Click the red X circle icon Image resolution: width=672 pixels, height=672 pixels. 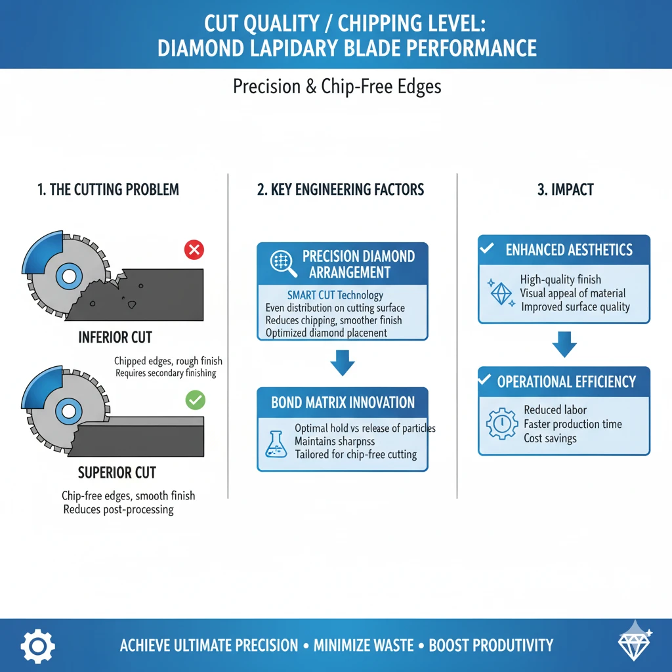(194, 249)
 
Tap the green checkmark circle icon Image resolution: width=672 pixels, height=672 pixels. (196, 400)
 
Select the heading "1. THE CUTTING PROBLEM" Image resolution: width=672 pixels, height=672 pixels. (108, 190)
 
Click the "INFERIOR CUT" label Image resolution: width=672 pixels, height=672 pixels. (115, 337)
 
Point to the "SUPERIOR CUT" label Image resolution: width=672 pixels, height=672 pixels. (117, 472)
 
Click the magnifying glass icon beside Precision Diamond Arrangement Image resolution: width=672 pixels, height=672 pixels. (283, 263)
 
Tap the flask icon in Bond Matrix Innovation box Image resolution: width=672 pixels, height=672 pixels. (276, 444)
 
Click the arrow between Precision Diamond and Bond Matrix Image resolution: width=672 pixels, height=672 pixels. (343, 362)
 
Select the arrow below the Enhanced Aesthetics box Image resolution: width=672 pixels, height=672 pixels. (564, 344)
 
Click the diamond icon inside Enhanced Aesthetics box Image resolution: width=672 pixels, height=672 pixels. (501, 293)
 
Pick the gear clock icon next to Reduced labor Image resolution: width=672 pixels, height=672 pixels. (502, 423)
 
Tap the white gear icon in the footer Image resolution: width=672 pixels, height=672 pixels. (37, 646)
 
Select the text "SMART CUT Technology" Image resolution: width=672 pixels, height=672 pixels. (335, 295)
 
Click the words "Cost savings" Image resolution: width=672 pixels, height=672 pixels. (551, 438)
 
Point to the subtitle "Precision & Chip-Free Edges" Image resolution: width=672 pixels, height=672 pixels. (337, 86)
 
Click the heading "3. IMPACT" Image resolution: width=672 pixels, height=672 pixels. (566, 190)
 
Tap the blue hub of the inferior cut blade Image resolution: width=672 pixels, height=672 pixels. (69, 276)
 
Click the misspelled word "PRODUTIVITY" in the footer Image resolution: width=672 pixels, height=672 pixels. (491, 645)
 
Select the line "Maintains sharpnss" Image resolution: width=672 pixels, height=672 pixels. (335, 441)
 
